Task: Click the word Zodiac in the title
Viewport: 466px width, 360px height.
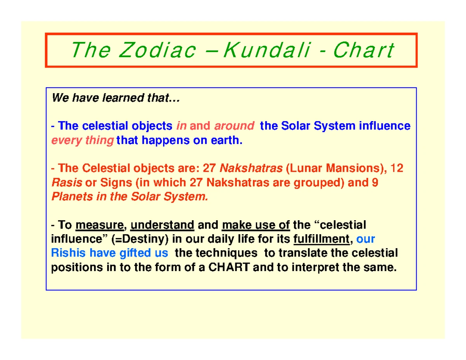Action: [x=157, y=50]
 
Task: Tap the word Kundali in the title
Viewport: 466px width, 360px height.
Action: [x=267, y=50]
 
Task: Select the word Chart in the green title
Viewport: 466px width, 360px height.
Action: [x=364, y=50]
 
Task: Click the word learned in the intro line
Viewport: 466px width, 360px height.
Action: [x=123, y=98]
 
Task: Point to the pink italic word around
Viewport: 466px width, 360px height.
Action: [x=234, y=126]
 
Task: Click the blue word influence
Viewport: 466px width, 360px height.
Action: [x=385, y=126]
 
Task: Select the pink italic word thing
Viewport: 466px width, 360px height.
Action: [x=99, y=141]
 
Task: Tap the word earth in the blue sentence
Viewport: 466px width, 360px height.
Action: [x=226, y=140]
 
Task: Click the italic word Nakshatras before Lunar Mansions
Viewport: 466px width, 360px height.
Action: [x=251, y=168]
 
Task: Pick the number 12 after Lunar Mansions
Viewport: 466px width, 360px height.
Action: [x=397, y=168]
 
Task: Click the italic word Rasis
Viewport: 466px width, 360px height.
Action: [x=67, y=183]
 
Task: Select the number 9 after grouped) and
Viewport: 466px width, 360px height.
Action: [x=375, y=183]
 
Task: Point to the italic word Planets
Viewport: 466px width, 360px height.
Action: [x=72, y=197]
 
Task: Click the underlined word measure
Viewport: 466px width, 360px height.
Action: [x=100, y=225]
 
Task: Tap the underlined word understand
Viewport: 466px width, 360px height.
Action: [x=162, y=225]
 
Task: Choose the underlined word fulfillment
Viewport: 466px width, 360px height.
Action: [x=322, y=239]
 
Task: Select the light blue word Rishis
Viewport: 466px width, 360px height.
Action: [x=68, y=253]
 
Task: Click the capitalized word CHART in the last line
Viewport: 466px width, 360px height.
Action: [x=229, y=267]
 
